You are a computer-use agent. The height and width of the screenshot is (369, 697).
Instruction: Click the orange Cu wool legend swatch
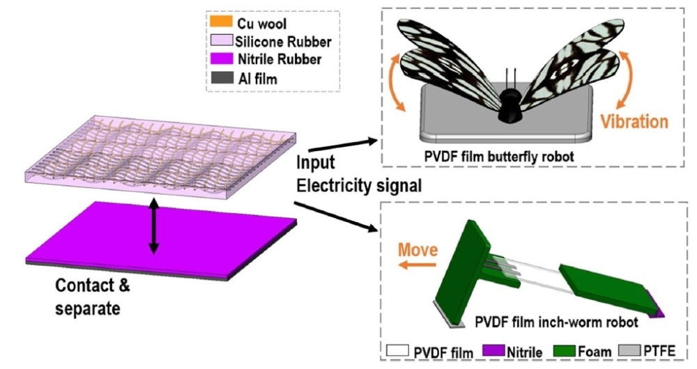(221, 21)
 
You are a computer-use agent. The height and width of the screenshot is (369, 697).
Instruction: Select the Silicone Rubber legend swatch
(222, 40)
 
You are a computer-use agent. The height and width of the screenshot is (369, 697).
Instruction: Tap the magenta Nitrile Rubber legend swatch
(222, 58)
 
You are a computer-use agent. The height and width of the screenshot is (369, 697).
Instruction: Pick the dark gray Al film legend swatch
(222, 78)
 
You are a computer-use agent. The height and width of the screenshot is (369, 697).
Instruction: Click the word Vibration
(634, 121)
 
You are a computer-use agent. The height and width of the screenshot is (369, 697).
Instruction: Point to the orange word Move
(418, 249)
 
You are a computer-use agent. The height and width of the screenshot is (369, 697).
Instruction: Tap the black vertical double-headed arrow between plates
(154, 226)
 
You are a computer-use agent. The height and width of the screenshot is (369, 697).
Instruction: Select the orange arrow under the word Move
(417, 265)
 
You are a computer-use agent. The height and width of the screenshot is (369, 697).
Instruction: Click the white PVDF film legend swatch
(397, 350)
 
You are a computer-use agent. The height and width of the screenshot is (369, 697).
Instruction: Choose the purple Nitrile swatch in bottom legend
(494, 350)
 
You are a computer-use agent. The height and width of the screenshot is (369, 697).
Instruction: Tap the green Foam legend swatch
(565, 350)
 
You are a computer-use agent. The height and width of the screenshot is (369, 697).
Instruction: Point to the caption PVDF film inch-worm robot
(556, 322)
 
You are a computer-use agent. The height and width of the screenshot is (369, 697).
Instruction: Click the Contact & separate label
(93, 297)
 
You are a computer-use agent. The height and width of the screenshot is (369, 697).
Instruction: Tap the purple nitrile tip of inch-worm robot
(657, 305)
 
